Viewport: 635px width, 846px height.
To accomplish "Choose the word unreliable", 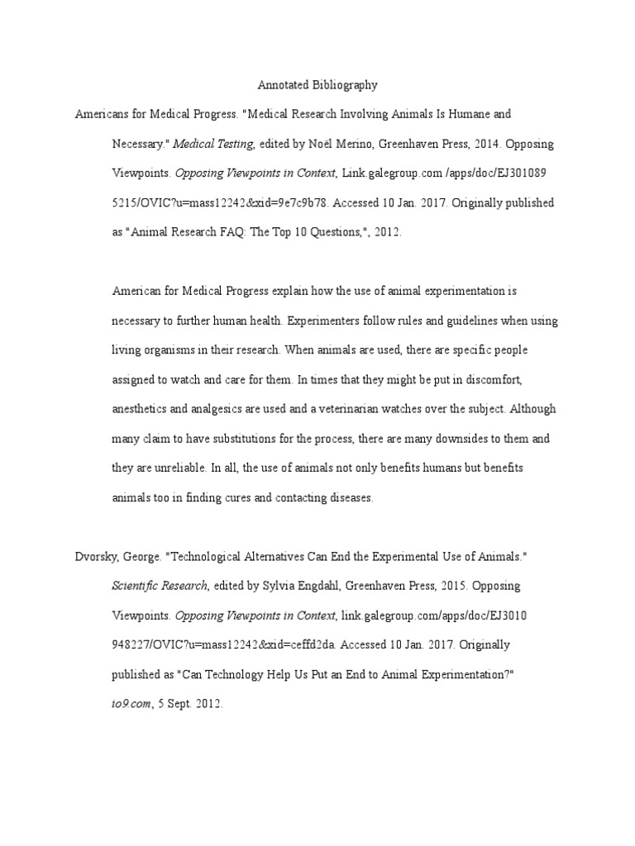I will [175, 468].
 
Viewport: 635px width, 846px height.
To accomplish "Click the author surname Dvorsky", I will [97, 557].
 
